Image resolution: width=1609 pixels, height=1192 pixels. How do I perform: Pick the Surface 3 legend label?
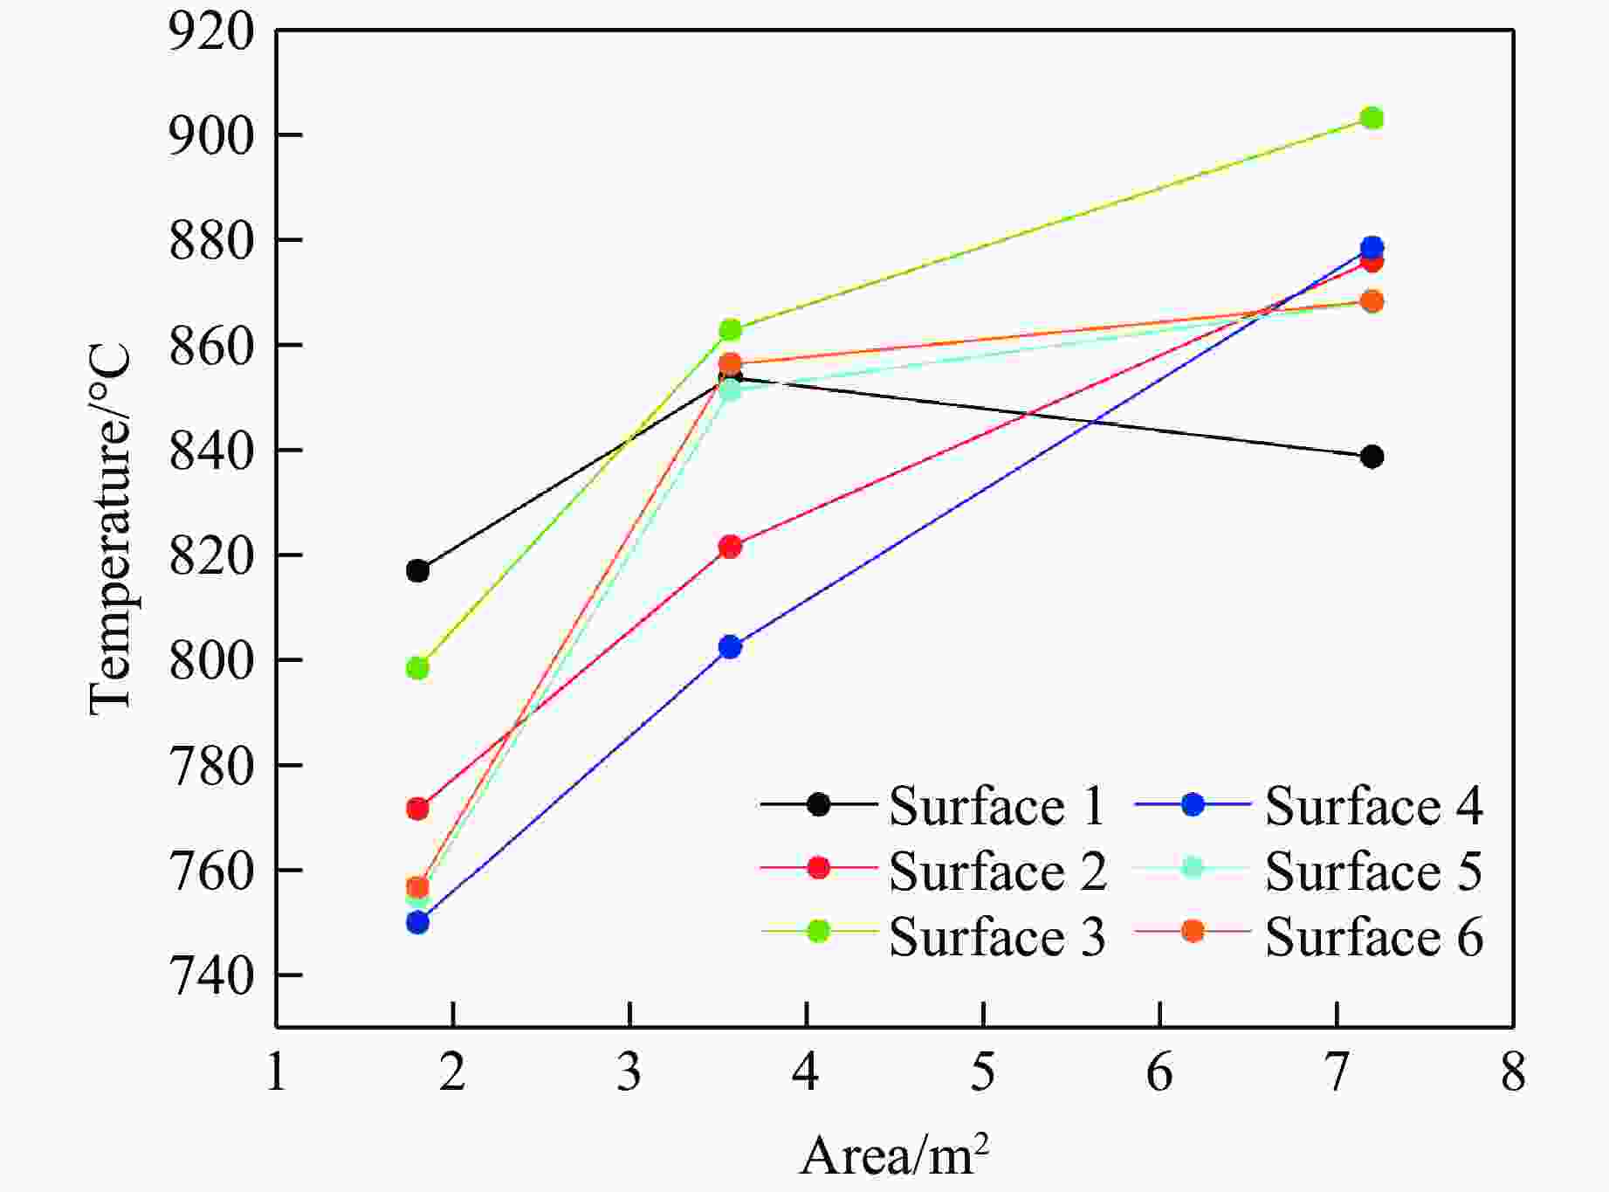pos(997,937)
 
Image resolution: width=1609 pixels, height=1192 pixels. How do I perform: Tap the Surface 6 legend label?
pos(1373,937)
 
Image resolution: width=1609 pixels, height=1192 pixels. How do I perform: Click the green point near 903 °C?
pos(1372,118)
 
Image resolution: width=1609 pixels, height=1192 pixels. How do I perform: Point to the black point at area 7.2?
pos(1372,457)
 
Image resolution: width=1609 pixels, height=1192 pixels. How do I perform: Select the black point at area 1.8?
pos(417,571)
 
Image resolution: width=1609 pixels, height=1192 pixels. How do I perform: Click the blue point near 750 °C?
pos(417,922)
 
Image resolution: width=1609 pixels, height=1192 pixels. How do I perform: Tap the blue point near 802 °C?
pos(730,647)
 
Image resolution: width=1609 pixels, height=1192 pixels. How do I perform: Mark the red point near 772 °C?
pos(417,809)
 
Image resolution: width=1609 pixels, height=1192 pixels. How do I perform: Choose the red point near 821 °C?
pos(730,547)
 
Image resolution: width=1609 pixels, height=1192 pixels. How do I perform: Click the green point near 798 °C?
pos(417,668)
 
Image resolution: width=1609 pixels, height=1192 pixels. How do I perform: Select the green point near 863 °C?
pos(730,330)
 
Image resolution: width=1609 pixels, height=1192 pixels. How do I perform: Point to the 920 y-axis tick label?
pos(211,31)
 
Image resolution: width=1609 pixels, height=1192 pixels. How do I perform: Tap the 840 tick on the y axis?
pos(211,451)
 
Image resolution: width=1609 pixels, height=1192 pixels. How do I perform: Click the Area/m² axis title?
pos(894,1155)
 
